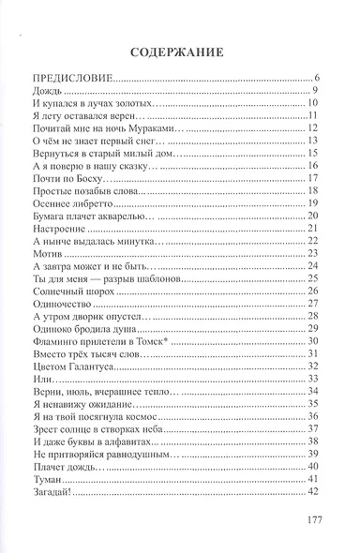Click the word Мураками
140,128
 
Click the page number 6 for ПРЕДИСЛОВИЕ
319,78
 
